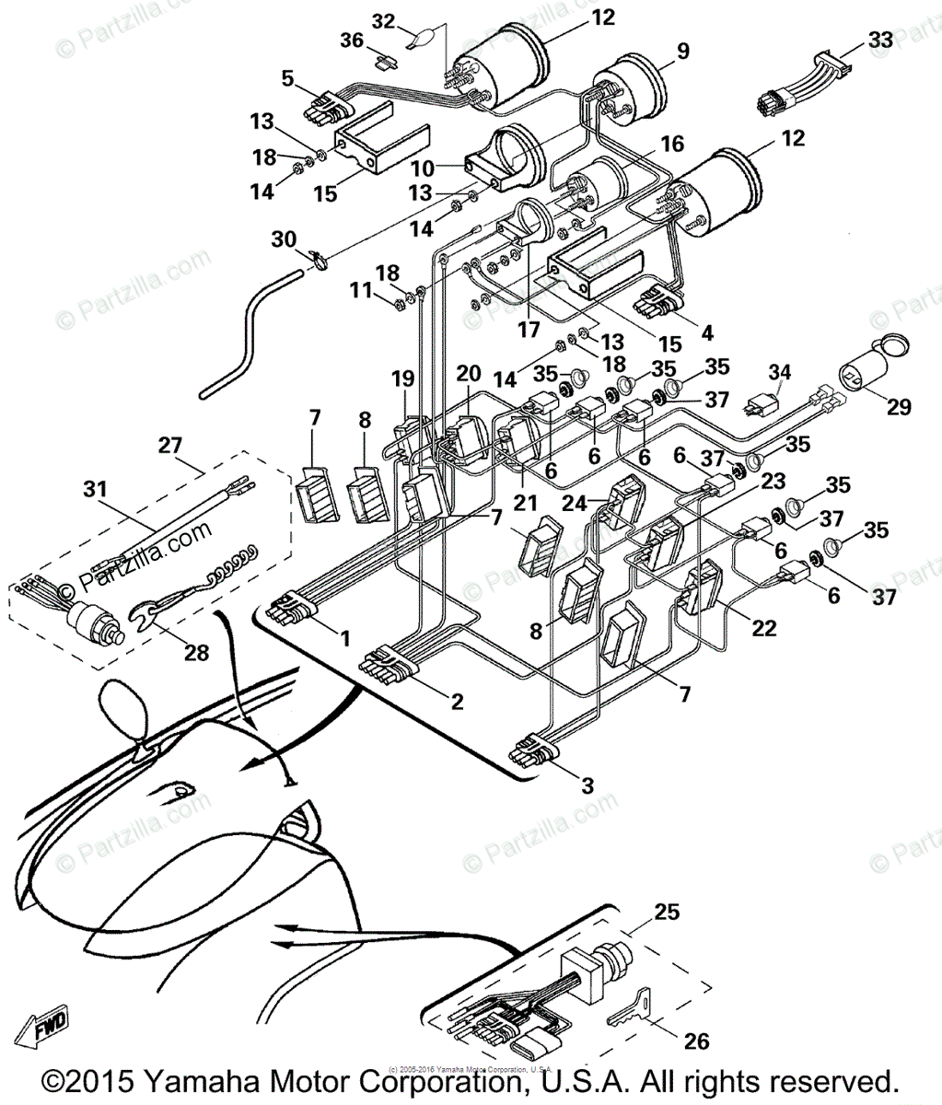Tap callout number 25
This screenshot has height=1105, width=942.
(x=667, y=912)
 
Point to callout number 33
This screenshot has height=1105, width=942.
(x=880, y=41)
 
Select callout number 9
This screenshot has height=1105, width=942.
(x=682, y=52)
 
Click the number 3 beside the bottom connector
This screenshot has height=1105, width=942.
(x=587, y=786)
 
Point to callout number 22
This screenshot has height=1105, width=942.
(x=764, y=629)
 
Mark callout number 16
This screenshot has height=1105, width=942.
(x=672, y=144)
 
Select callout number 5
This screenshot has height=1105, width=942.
(x=288, y=79)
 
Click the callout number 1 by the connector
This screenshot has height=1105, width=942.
(x=344, y=637)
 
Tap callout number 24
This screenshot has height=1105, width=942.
(x=575, y=503)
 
